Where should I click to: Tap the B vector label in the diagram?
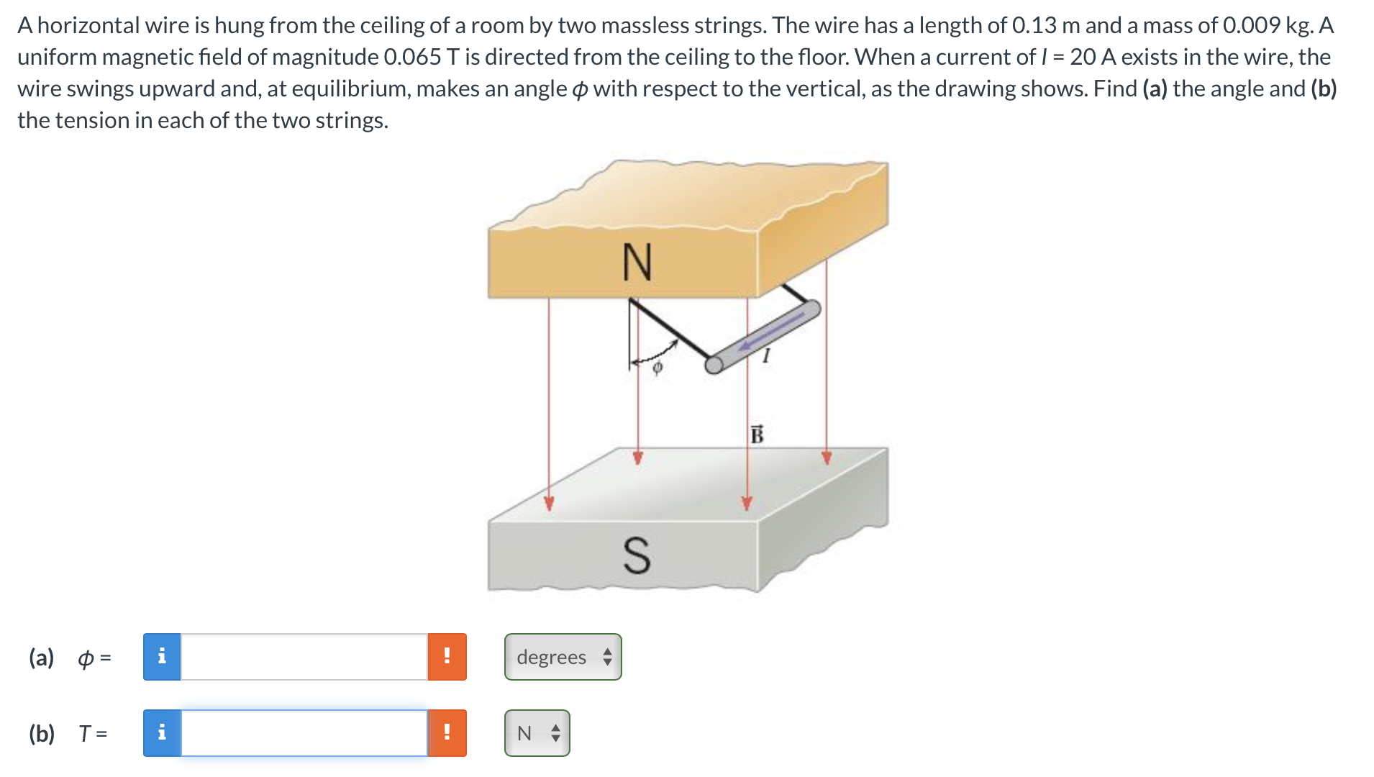(757, 435)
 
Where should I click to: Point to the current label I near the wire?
(766, 355)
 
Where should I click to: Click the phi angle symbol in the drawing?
(657, 368)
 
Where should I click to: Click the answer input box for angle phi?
(304, 657)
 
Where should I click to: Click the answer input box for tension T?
(304, 733)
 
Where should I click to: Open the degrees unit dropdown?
(563, 657)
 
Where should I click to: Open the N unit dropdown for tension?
(537, 733)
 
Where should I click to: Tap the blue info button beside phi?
(162, 657)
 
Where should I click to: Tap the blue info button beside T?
(162, 733)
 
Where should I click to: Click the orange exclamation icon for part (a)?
(447, 657)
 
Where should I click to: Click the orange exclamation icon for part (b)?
(447, 733)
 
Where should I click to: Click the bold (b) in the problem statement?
(1324, 88)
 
